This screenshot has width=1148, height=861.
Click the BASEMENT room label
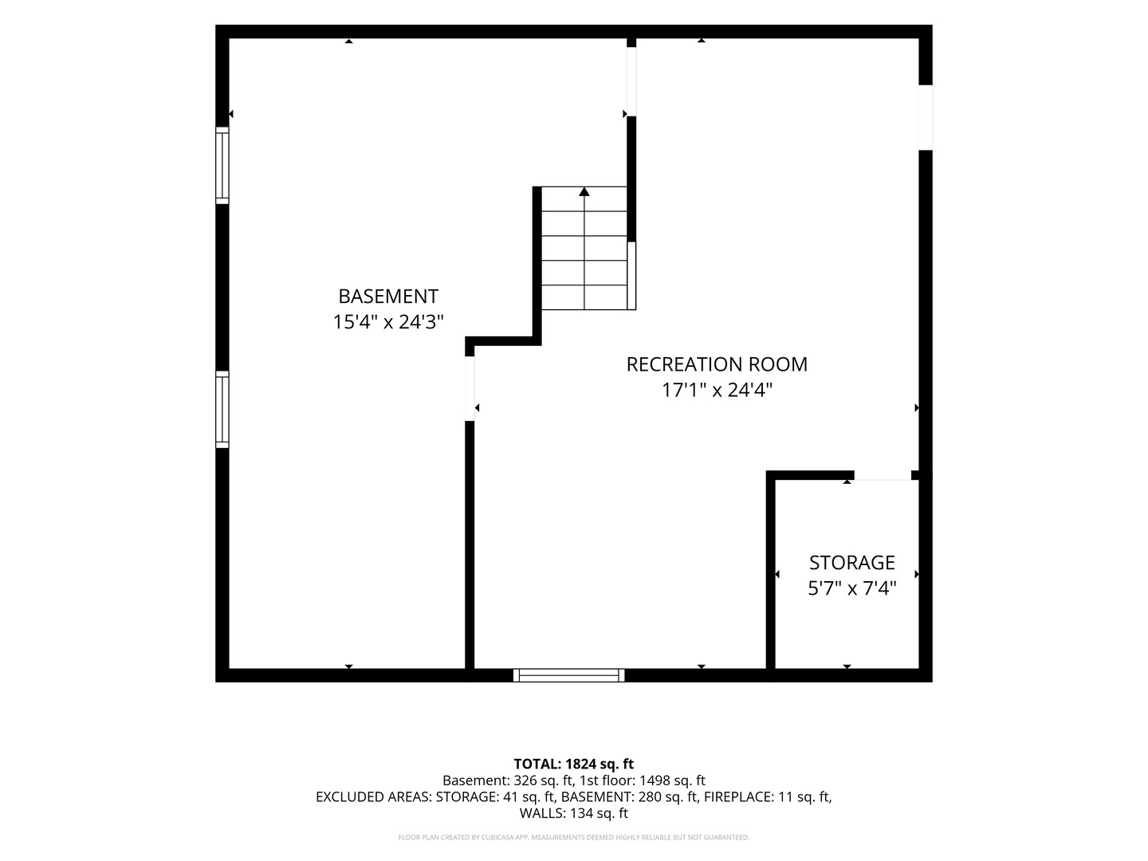(388, 297)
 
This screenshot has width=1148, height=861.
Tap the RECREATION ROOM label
(717, 364)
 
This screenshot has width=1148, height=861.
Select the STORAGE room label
(852, 563)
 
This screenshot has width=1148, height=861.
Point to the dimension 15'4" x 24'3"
(388, 322)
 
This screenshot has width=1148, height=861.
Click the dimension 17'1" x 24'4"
(717, 390)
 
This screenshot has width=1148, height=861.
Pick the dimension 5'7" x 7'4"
(852, 588)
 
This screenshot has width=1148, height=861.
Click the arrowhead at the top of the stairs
(584, 192)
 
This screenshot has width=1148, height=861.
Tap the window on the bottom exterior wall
(568, 675)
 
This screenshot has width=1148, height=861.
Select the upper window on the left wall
(222, 165)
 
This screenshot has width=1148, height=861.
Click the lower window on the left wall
(222, 409)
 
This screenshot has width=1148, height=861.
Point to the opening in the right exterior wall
(926, 118)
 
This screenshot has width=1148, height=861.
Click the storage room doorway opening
(883, 476)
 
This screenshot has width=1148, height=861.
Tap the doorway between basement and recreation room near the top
(631, 81)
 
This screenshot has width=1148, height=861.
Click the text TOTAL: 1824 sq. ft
(574, 764)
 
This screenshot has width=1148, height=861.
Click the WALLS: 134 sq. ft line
(574, 813)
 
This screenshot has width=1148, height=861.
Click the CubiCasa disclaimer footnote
(574, 837)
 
